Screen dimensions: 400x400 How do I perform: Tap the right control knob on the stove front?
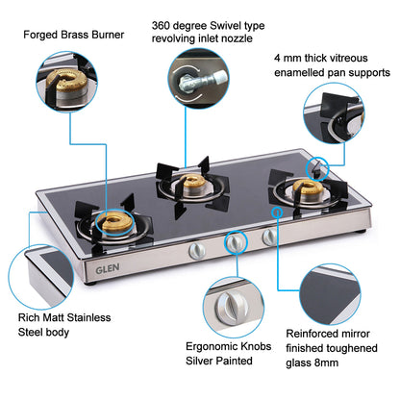point(270,237)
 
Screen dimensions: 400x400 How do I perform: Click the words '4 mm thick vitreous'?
point(330,57)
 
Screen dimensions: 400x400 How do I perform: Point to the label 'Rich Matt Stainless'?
point(65,317)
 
